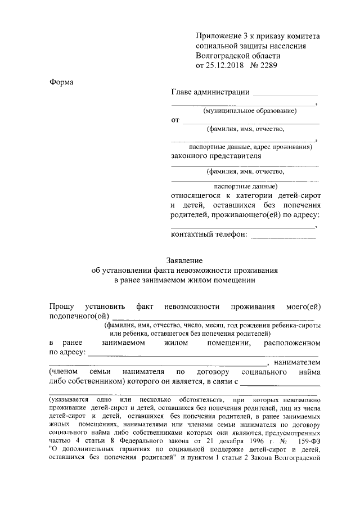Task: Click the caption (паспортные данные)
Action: pyautogui.click(x=245, y=186)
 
